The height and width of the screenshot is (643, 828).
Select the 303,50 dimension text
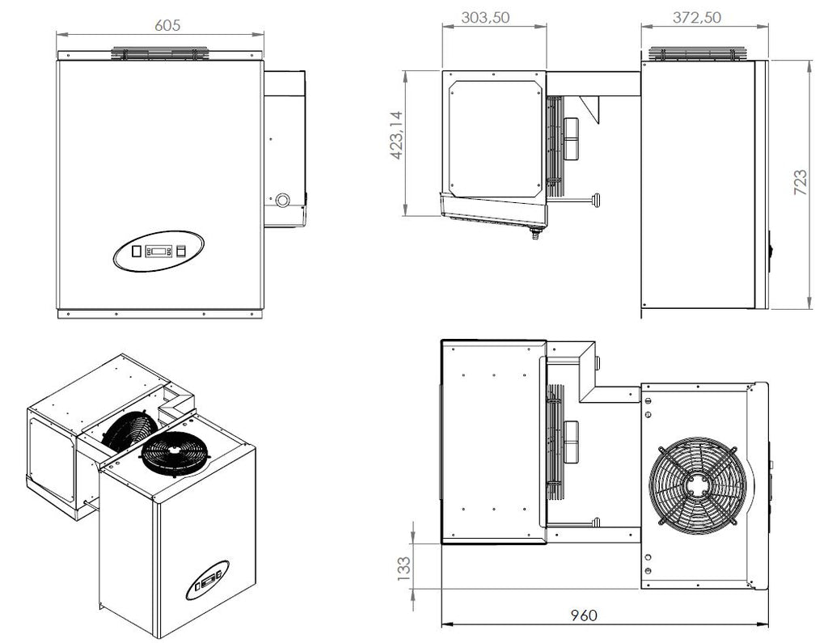tap(485, 18)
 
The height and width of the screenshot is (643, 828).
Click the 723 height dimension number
tap(801, 185)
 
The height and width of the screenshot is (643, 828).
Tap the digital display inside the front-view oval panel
tap(158, 250)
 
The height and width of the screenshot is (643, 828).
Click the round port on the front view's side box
tap(282, 199)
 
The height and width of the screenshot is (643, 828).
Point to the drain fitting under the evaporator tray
tap(533, 236)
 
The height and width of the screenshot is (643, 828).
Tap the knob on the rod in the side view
tap(597, 197)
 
